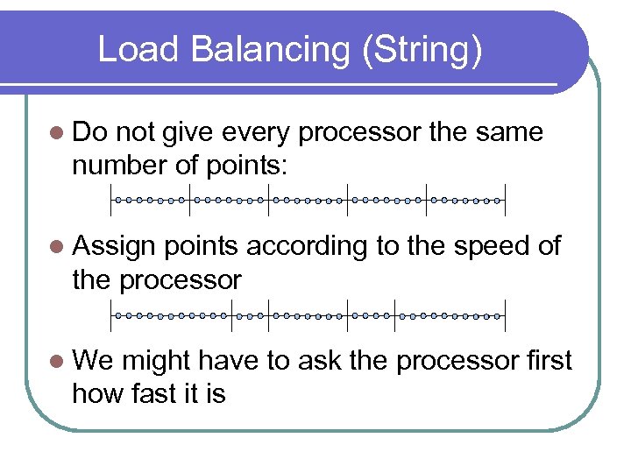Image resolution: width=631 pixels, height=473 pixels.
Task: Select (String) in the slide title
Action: [421, 50]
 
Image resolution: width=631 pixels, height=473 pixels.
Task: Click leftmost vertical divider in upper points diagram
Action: [112, 201]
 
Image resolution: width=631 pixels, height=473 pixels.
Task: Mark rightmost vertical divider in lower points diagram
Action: [506, 314]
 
